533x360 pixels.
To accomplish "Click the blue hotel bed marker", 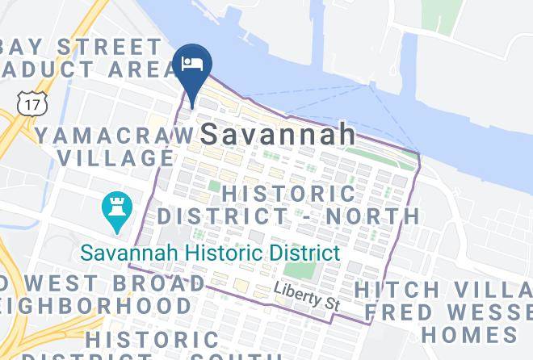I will (192, 65).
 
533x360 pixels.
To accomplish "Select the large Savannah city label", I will (278, 133).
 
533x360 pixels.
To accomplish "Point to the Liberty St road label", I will (306, 297).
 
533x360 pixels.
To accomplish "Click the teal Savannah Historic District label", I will (210, 253).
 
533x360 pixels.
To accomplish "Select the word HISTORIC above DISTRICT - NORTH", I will (287, 194).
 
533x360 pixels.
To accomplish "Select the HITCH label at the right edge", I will (397, 289).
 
